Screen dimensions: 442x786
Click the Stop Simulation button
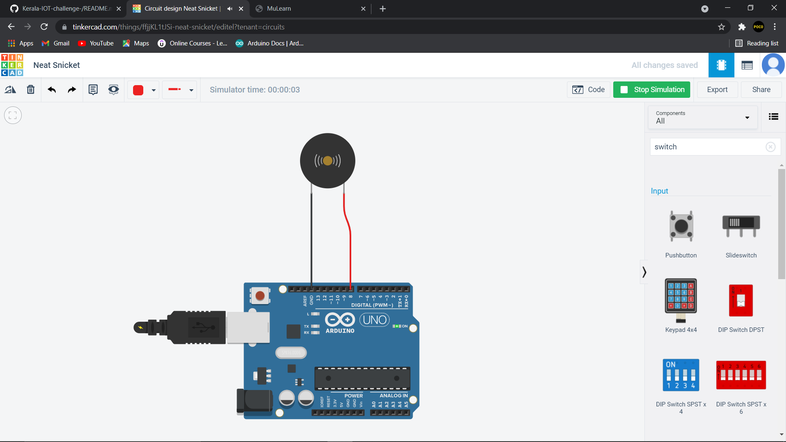(x=651, y=90)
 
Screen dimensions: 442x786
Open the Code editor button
(x=588, y=90)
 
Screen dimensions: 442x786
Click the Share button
(x=761, y=90)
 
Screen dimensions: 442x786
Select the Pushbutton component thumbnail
(x=681, y=226)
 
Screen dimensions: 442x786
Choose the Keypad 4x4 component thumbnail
(x=681, y=301)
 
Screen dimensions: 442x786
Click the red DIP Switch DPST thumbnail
(x=741, y=301)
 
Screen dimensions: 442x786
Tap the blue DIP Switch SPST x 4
(x=681, y=375)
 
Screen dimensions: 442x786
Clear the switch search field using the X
(x=770, y=147)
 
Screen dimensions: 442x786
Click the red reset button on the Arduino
(x=260, y=295)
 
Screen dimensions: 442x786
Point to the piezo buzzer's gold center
(x=327, y=161)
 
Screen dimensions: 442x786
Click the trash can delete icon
(x=31, y=90)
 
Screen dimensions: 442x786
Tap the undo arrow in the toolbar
(x=52, y=90)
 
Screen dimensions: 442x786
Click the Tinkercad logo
(x=12, y=65)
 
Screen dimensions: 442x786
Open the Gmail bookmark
(x=56, y=43)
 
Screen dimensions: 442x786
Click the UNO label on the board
(x=374, y=320)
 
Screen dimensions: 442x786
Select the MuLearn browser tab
(x=278, y=9)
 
